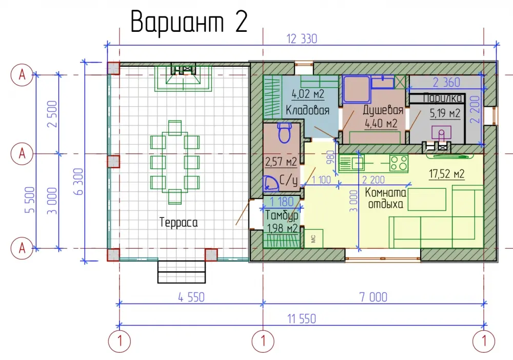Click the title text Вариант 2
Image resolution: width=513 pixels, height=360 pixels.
pos(189,22)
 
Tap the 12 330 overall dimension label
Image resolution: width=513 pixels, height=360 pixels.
pos(302,39)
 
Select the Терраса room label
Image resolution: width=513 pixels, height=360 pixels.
pos(179,223)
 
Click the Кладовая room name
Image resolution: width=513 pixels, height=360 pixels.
pos(307,110)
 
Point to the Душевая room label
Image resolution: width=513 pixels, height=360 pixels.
pos(383,110)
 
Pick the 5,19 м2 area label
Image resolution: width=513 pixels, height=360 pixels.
pos(445,113)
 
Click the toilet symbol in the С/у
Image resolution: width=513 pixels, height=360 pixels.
pos(284,132)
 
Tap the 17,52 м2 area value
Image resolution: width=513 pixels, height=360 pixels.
pos(447,174)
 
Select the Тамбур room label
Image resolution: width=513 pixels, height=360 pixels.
pos(282,215)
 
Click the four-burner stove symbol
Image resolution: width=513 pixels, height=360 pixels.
pos(399,163)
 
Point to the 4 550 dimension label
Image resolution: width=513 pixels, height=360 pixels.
pos(191,297)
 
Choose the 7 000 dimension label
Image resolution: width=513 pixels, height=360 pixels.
pos(373,297)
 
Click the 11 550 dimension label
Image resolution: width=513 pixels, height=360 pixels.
pos(302,319)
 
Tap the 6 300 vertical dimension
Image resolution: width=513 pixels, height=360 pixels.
pos(79,182)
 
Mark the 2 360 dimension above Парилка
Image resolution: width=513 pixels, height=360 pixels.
pos(446,83)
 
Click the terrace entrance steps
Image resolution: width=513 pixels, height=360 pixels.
pos(182,271)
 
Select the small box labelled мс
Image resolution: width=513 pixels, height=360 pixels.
pos(313,238)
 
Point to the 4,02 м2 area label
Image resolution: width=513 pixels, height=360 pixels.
pos(308,94)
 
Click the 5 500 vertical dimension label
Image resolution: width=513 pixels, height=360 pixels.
pos(30,200)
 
